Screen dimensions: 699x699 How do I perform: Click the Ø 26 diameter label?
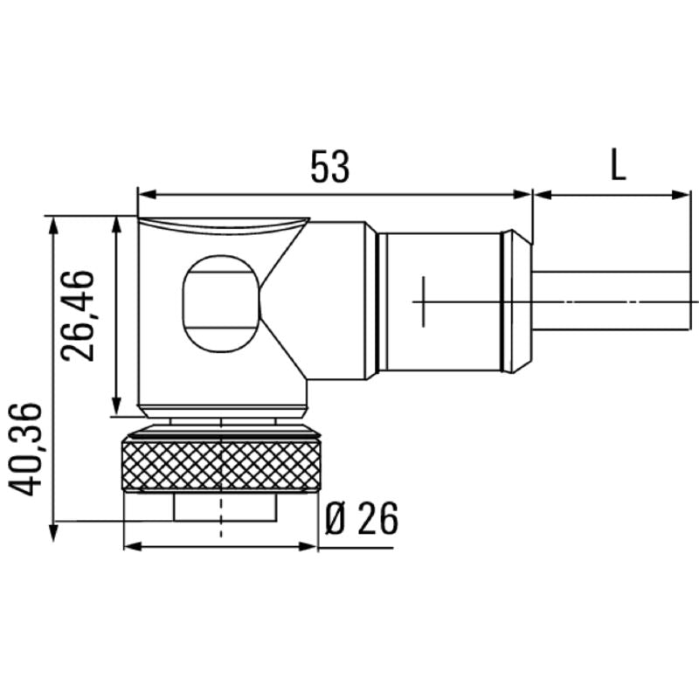coord(361,520)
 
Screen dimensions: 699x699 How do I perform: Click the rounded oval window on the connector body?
coord(220,303)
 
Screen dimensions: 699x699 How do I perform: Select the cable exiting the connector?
coord(612,301)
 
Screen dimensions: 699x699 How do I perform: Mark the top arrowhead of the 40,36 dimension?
coord(54,224)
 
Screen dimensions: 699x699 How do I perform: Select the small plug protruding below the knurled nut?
coord(221,507)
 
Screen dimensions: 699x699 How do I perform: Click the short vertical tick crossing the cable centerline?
coord(423,301)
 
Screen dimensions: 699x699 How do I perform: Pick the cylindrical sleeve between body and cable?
coord(441,301)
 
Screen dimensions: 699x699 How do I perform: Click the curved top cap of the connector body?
coord(223,225)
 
